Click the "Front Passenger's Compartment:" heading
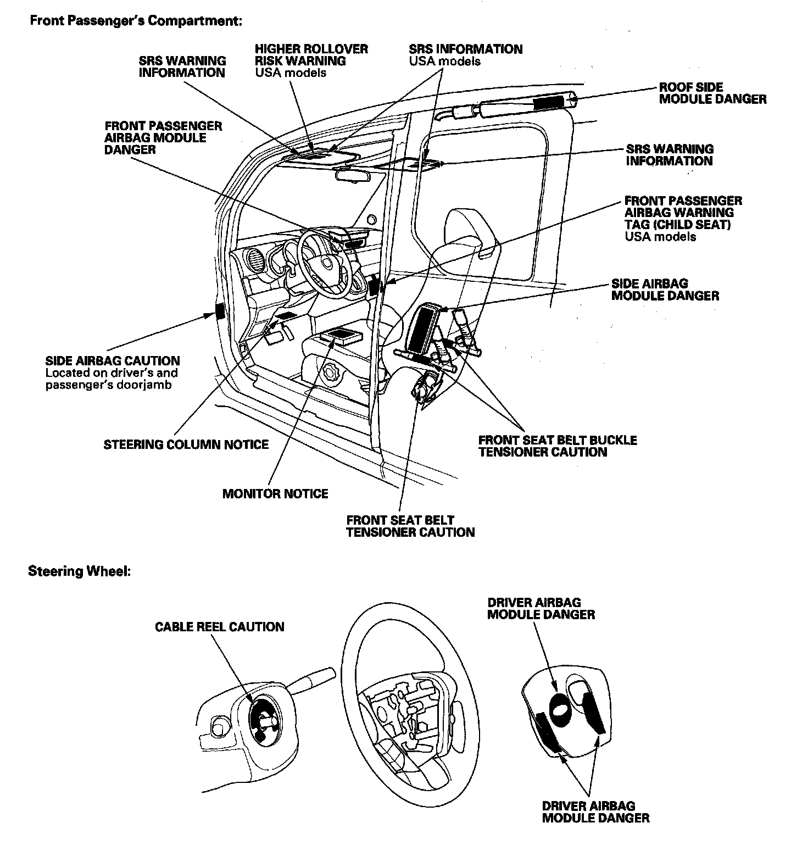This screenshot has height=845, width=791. point(135,21)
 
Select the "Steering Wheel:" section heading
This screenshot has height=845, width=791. point(79,571)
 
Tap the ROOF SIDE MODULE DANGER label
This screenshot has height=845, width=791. point(712,93)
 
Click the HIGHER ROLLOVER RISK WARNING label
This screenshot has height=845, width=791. point(311,55)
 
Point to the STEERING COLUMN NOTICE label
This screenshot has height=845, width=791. point(186,444)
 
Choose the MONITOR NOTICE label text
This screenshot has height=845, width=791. point(275,493)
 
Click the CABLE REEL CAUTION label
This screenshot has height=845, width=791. point(220,627)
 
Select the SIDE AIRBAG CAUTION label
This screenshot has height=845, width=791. point(113,361)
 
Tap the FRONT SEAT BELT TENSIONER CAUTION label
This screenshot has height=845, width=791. point(410,526)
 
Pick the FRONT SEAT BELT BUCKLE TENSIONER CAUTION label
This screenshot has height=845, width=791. point(558,446)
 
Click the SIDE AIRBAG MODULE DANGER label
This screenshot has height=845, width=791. point(665,290)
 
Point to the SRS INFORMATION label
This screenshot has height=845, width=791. point(466,49)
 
